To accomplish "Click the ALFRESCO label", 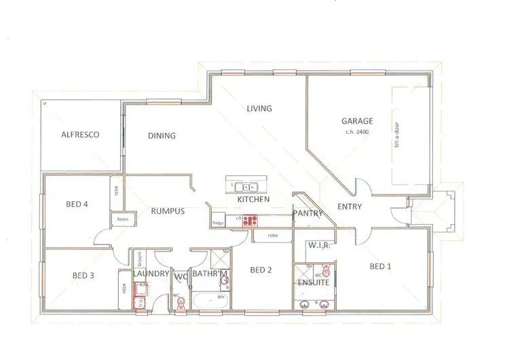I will [80, 134].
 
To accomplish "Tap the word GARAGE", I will [357, 122].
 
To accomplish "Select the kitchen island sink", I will [246, 185].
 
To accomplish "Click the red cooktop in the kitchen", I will [250, 219].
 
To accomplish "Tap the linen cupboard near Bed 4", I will [122, 219].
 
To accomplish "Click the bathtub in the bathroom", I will [210, 300].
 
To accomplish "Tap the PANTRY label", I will [306, 213].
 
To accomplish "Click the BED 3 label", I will [83, 275].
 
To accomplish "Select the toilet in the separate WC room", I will [180, 304].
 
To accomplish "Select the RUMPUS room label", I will [168, 211].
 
